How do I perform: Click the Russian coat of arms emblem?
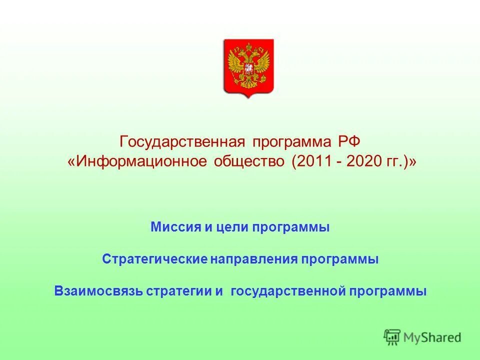click(x=248, y=67)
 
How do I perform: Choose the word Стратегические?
click(x=154, y=259)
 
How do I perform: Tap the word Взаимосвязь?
click(x=98, y=291)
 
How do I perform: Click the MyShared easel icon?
click(x=392, y=337)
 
